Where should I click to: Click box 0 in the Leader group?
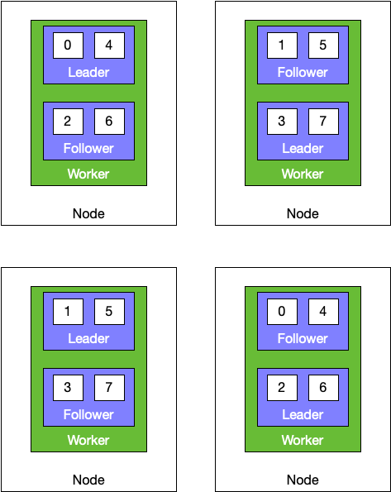click(68, 45)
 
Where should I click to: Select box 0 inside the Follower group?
click(282, 312)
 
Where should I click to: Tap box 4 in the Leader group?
click(109, 45)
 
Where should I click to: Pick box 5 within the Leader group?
click(109, 312)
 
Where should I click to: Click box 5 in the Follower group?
click(323, 45)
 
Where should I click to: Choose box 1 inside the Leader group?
click(68, 312)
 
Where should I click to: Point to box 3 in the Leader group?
click(282, 122)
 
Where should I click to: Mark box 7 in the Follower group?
click(109, 388)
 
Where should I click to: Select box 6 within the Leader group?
click(323, 388)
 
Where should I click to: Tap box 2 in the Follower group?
click(68, 122)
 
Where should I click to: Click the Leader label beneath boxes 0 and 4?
click(88, 72)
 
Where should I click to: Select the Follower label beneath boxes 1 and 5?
click(303, 72)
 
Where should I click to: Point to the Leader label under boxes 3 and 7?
click(303, 148)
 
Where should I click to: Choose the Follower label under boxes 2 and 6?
click(88, 148)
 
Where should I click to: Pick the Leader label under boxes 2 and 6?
click(303, 415)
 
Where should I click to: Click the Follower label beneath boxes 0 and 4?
click(303, 338)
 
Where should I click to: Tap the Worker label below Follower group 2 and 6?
click(88, 174)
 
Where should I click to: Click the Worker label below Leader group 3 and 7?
click(303, 174)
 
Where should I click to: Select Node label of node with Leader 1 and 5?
click(88, 480)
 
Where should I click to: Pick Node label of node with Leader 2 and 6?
click(303, 480)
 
